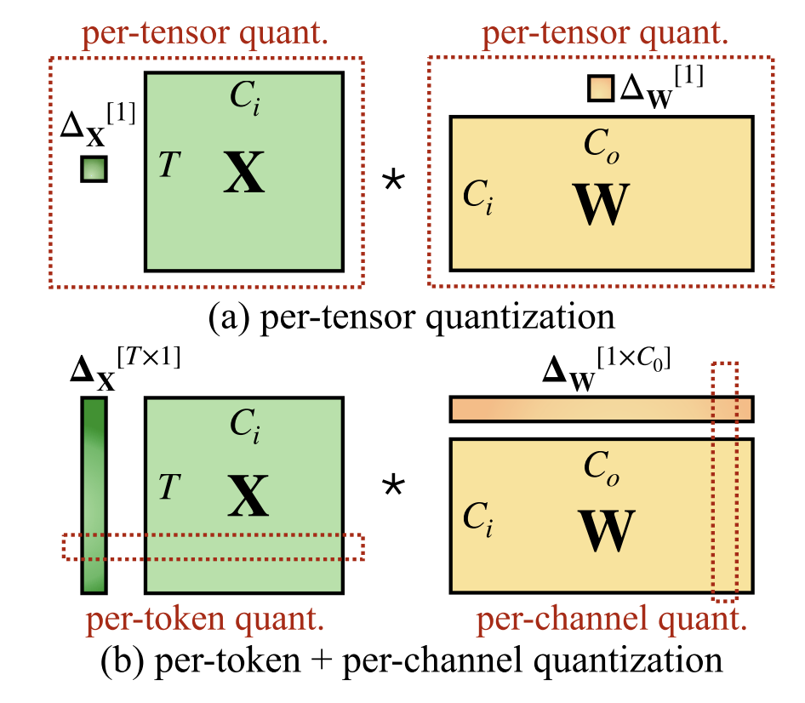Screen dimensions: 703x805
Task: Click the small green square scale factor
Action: point(94,169)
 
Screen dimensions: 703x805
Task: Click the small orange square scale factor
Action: point(600,88)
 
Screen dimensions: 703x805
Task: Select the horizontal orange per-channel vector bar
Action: point(601,409)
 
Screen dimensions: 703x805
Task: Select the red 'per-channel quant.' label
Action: point(611,620)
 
